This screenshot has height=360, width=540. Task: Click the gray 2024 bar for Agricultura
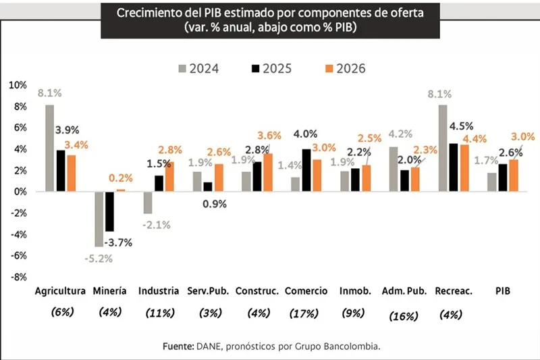[x=50, y=148]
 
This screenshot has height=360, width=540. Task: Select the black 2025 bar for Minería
[x=109, y=211]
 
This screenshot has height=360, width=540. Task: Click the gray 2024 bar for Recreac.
[x=442, y=148]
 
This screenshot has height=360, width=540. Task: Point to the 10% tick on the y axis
[x=18, y=85]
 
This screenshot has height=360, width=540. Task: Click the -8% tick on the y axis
[x=18, y=277]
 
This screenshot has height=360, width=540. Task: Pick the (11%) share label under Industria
[x=160, y=313]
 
